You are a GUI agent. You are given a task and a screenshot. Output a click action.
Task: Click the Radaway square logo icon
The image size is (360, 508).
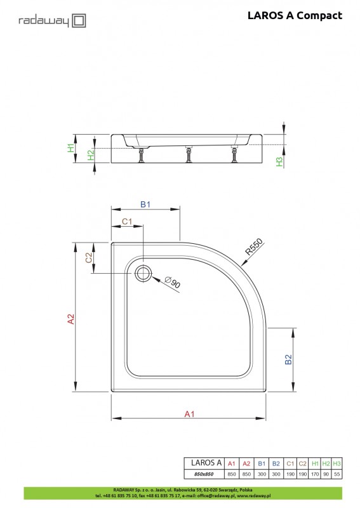tap(79, 21)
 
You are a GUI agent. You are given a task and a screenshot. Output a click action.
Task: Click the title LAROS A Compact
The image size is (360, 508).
tap(295, 15)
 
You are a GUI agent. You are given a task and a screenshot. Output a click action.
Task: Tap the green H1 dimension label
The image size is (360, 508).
tap(70, 148)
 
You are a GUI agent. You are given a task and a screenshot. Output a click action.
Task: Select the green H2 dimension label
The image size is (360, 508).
tap(91, 154)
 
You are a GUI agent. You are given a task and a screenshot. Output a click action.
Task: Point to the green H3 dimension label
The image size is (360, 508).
tap(279, 161)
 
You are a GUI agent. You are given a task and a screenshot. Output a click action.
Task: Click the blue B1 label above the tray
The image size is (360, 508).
tap(145, 204)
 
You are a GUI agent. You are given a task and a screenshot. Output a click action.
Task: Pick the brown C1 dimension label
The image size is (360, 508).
tap(127, 221)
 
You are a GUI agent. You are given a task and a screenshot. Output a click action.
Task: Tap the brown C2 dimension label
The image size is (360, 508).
tap(88, 258)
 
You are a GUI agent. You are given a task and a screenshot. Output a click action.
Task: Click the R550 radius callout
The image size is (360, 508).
tap(254, 247)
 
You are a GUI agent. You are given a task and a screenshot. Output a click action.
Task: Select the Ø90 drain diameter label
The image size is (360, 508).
tap(173, 282)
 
